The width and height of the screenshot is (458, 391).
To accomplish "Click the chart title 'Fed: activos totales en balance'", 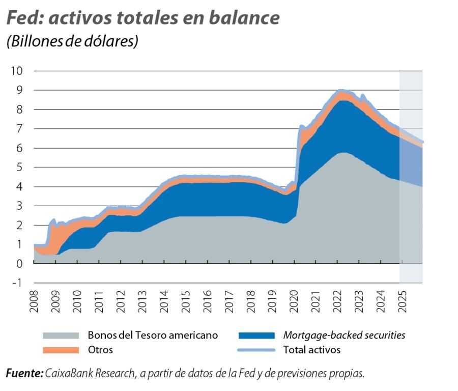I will click(x=143, y=18).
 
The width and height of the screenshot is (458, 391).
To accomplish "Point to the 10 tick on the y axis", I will click(x=17, y=71).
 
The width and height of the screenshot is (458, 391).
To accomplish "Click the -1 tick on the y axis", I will click(x=17, y=283).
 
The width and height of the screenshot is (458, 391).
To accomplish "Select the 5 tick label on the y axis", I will click(x=19, y=167).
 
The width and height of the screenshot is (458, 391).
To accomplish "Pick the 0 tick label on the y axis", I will click(x=19, y=263).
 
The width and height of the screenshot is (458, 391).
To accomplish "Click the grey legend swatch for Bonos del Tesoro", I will click(x=61, y=335).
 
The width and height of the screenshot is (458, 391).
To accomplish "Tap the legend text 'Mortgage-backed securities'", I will click(x=344, y=335).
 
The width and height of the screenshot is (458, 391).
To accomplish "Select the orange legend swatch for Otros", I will click(x=61, y=350).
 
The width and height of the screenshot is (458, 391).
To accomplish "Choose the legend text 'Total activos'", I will click(x=311, y=350).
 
